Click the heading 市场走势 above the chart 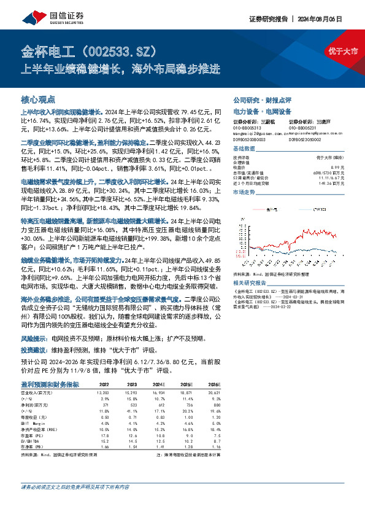(x=245, y=192)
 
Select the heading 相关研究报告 (x=251, y=282)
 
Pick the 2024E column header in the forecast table (x=159, y=384)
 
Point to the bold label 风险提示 (x=36, y=338)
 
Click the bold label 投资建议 (x=36, y=349)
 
